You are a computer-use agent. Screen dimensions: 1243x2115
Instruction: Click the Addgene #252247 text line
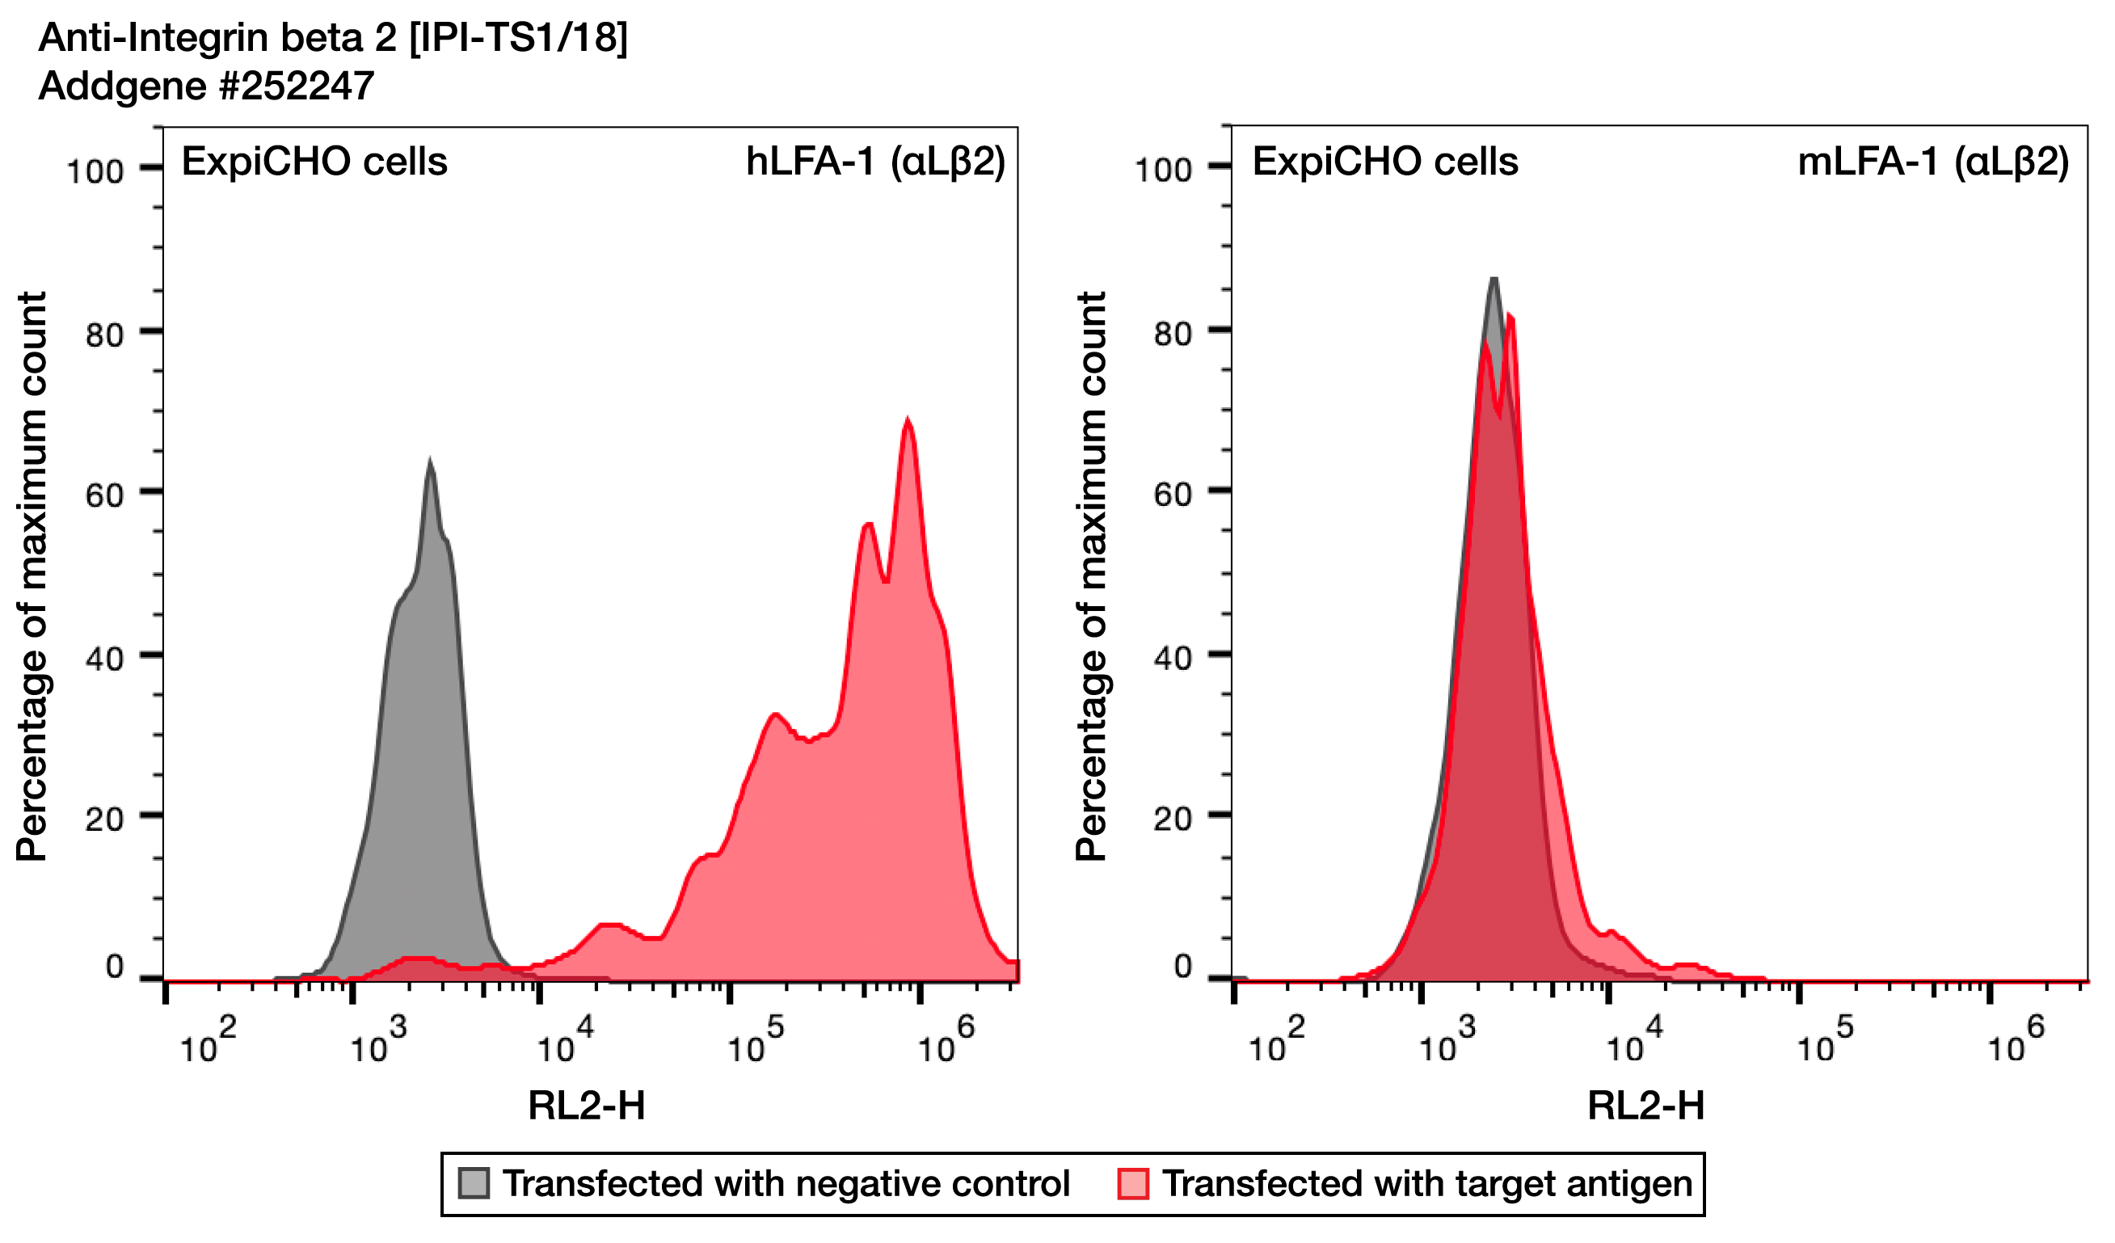click(206, 86)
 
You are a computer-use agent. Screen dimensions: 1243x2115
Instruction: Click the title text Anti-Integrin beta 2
click(332, 38)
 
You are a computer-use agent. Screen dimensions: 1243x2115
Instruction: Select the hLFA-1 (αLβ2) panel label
click(874, 161)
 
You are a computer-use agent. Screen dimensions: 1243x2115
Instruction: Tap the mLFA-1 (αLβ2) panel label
click(1932, 161)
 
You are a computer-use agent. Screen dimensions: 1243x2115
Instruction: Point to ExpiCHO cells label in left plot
click(314, 161)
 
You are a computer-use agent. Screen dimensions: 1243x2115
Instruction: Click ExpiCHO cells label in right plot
click(1385, 161)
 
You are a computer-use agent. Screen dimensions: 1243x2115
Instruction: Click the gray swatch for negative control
click(474, 1183)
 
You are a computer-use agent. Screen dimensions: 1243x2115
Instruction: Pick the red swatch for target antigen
click(1132, 1183)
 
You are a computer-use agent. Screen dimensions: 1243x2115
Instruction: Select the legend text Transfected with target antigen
click(1426, 1183)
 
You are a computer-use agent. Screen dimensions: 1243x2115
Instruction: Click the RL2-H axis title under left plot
click(587, 1106)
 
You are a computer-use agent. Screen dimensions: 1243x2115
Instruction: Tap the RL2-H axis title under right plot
click(1645, 1106)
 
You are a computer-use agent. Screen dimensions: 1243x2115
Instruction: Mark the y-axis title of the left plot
click(32, 576)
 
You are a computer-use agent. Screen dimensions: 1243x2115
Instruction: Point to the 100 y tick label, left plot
click(95, 172)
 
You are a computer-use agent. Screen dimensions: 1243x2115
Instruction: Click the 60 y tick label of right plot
click(1173, 495)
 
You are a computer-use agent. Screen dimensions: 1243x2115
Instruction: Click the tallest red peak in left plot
click(908, 421)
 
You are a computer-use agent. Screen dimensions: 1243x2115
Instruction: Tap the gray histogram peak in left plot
click(431, 463)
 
